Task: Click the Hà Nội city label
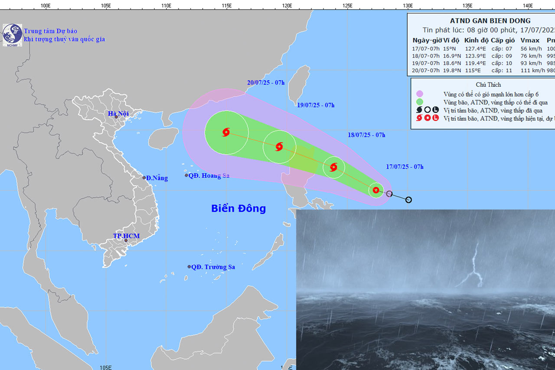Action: point(118,114)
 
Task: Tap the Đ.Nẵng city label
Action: point(157,178)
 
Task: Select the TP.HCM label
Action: point(126,236)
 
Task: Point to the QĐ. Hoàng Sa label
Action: point(209,176)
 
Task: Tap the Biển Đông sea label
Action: point(238,209)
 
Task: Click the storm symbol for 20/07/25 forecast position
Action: point(226,132)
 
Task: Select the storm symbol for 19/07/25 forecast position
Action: point(279,147)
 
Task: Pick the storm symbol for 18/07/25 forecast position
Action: point(333,167)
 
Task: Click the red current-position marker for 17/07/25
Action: point(376,190)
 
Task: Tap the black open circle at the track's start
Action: point(408,200)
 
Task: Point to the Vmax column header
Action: point(529,40)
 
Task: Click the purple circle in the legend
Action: point(419,94)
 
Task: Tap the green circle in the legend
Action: point(419,102)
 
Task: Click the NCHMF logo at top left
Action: point(12,34)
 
